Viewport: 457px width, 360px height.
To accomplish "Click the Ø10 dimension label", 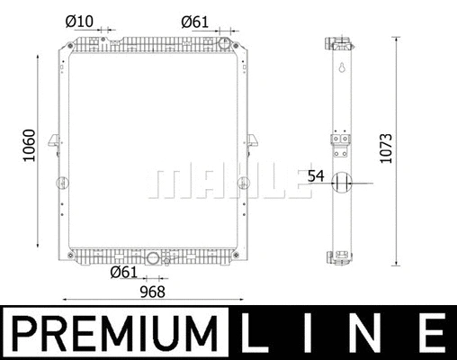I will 79,19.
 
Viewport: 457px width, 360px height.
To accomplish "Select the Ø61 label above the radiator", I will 195,19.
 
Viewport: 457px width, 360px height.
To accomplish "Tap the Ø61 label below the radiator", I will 123,273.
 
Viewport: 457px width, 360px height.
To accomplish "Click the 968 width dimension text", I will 151,292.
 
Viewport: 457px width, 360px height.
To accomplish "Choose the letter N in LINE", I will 369,334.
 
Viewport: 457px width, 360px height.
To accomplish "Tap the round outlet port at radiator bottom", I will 153,258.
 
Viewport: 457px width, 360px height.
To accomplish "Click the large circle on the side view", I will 341,184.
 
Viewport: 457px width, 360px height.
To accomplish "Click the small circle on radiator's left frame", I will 62,184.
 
